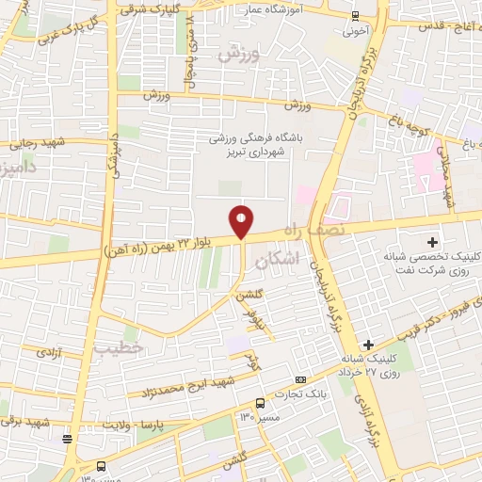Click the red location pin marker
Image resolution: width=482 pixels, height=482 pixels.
[x=242, y=221]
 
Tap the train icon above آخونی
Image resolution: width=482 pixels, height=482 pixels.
[x=355, y=15]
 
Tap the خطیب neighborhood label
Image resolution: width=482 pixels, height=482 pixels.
[x=117, y=347]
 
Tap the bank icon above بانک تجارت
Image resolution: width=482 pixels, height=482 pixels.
[x=300, y=379]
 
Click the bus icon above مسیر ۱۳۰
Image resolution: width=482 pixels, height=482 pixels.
[x=260, y=404]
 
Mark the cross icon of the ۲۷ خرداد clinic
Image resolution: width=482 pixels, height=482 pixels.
[x=369, y=345]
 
